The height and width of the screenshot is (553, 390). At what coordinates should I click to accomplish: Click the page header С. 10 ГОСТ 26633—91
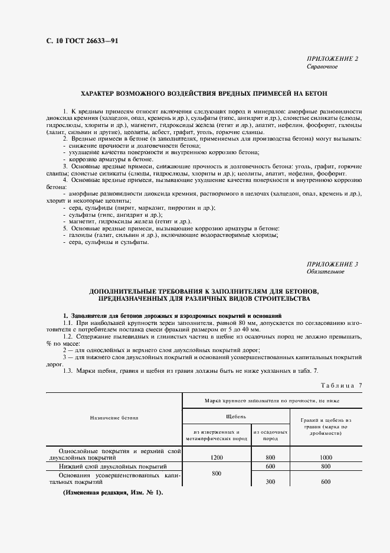[77, 41]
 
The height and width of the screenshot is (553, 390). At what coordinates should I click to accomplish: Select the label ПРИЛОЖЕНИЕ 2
[332, 59]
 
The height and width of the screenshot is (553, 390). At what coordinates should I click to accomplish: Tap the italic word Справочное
[322, 67]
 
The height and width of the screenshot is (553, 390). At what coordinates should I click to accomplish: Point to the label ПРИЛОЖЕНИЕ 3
[332, 264]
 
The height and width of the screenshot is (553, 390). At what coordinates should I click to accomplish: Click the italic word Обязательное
[325, 272]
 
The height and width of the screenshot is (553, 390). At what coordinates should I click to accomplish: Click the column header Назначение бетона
[114, 417]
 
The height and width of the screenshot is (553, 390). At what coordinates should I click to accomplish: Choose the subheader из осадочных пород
[270, 435]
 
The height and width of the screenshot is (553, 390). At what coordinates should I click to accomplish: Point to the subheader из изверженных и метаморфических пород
[216, 435]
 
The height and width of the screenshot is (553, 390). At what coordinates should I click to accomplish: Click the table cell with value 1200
[216, 457]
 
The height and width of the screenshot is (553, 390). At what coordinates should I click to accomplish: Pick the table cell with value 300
[270, 482]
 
